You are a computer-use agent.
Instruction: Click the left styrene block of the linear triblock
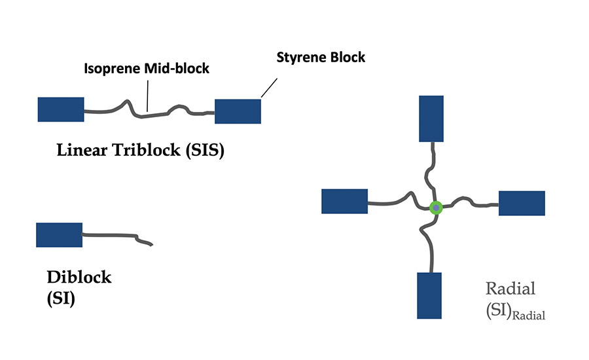click(x=61, y=109)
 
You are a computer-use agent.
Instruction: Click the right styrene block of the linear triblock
click(x=238, y=111)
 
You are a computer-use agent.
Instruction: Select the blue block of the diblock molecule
click(x=59, y=235)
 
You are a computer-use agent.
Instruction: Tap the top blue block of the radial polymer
click(x=431, y=118)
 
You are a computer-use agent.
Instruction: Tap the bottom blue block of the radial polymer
click(x=429, y=295)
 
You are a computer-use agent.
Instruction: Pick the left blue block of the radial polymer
click(x=345, y=202)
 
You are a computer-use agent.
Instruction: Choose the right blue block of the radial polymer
click(x=522, y=203)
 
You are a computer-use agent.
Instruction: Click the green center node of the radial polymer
click(x=436, y=208)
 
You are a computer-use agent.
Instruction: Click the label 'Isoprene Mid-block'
click(x=147, y=68)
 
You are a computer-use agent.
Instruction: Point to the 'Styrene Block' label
click(x=321, y=58)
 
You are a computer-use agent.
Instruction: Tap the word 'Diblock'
click(x=79, y=278)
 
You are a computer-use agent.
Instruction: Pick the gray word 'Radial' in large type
click(x=511, y=289)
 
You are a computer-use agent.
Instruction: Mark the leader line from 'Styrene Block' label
click(x=269, y=88)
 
